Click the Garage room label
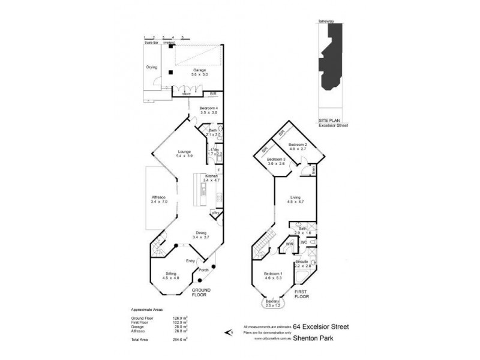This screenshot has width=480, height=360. (x=199, y=70)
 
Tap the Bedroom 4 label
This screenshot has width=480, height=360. (x=209, y=108)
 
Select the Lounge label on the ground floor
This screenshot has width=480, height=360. (x=184, y=151)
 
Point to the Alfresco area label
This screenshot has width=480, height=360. (x=158, y=199)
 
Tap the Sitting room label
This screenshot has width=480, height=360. (x=171, y=273)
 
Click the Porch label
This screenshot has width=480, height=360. (x=202, y=269)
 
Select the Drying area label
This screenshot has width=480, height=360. (x=151, y=67)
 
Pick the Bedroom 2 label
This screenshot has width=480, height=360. (x=298, y=145)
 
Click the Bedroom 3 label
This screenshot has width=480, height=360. (x=276, y=159)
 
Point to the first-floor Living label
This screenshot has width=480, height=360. (x=295, y=197)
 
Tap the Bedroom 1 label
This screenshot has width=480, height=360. (x=273, y=274)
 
